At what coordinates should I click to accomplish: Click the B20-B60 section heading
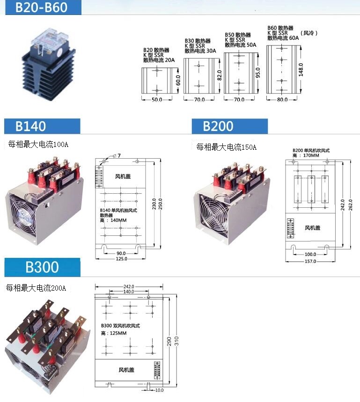[x=41, y=7]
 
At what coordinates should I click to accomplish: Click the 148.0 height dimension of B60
[x=301, y=69]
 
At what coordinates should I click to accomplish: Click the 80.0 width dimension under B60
[x=282, y=100]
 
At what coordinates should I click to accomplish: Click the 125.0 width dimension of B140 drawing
[x=121, y=259]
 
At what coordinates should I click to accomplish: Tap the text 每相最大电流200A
[x=36, y=288]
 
